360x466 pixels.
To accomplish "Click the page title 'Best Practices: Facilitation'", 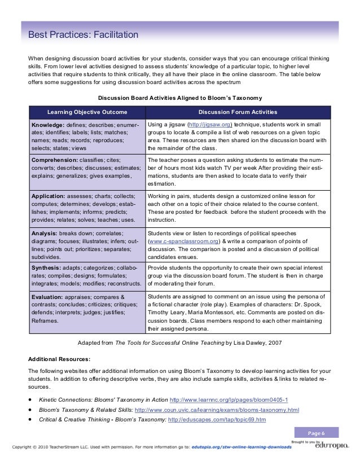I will click(80, 36).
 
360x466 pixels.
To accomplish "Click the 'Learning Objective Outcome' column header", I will click(87, 112).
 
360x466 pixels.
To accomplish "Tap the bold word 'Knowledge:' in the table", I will click(49, 124).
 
